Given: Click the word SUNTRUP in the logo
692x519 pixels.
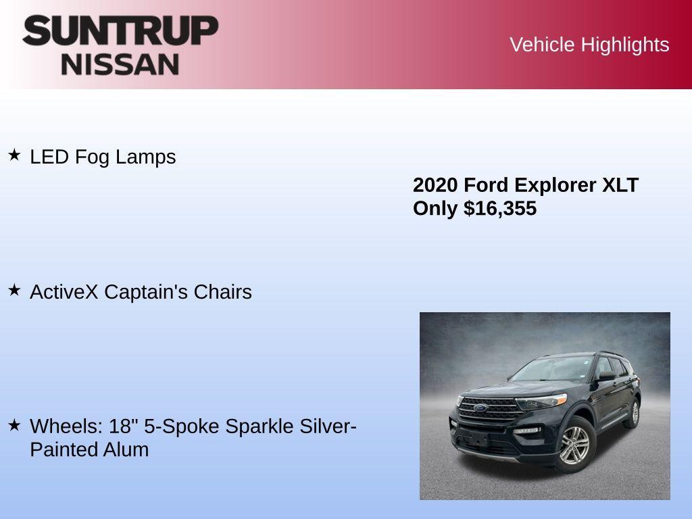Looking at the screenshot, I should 120,31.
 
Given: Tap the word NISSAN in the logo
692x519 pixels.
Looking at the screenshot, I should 120,64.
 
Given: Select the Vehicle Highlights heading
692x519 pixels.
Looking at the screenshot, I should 589,45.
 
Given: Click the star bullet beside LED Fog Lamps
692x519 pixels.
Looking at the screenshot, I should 14,155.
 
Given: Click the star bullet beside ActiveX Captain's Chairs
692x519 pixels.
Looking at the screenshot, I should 14,291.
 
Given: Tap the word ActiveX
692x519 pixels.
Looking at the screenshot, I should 64,292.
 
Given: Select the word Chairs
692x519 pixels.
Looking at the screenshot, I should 222,292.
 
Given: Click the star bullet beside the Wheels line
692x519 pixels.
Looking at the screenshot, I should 14,426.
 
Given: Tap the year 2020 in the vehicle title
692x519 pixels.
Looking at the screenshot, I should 435,185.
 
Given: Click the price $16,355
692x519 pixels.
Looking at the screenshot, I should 500,208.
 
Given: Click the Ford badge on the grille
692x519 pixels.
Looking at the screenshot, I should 479,408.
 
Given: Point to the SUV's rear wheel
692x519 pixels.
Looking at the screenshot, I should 634,412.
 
